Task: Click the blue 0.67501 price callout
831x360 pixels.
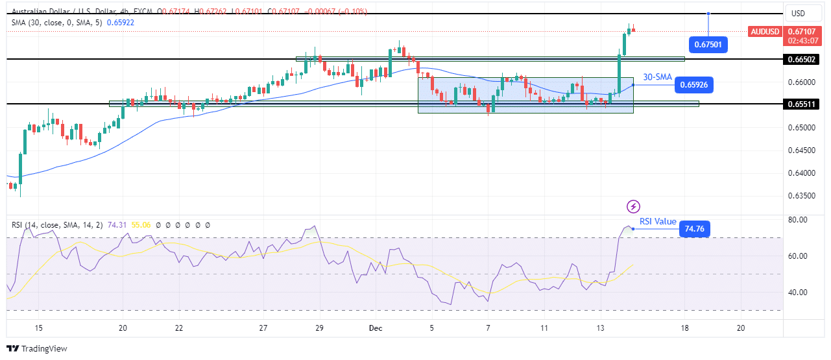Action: tap(708, 44)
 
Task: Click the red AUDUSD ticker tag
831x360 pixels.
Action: tap(765, 31)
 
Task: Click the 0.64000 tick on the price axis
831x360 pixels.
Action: tap(802, 173)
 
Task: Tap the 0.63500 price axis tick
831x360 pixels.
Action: tap(802, 196)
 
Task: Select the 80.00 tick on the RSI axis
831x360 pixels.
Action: tap(798, 220)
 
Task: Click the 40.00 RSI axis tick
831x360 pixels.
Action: tap(798, 292)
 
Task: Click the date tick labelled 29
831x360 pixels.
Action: tap(319, 329)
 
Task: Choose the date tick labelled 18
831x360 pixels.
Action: tap(684, 329)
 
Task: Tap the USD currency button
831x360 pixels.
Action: tap(797, 14)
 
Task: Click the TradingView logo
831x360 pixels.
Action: tap(37, 349)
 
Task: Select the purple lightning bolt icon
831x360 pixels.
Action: tap(633, 206)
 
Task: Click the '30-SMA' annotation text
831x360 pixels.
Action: tap(657, 77)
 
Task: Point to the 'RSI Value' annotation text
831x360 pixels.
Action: tap(658, 222)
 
